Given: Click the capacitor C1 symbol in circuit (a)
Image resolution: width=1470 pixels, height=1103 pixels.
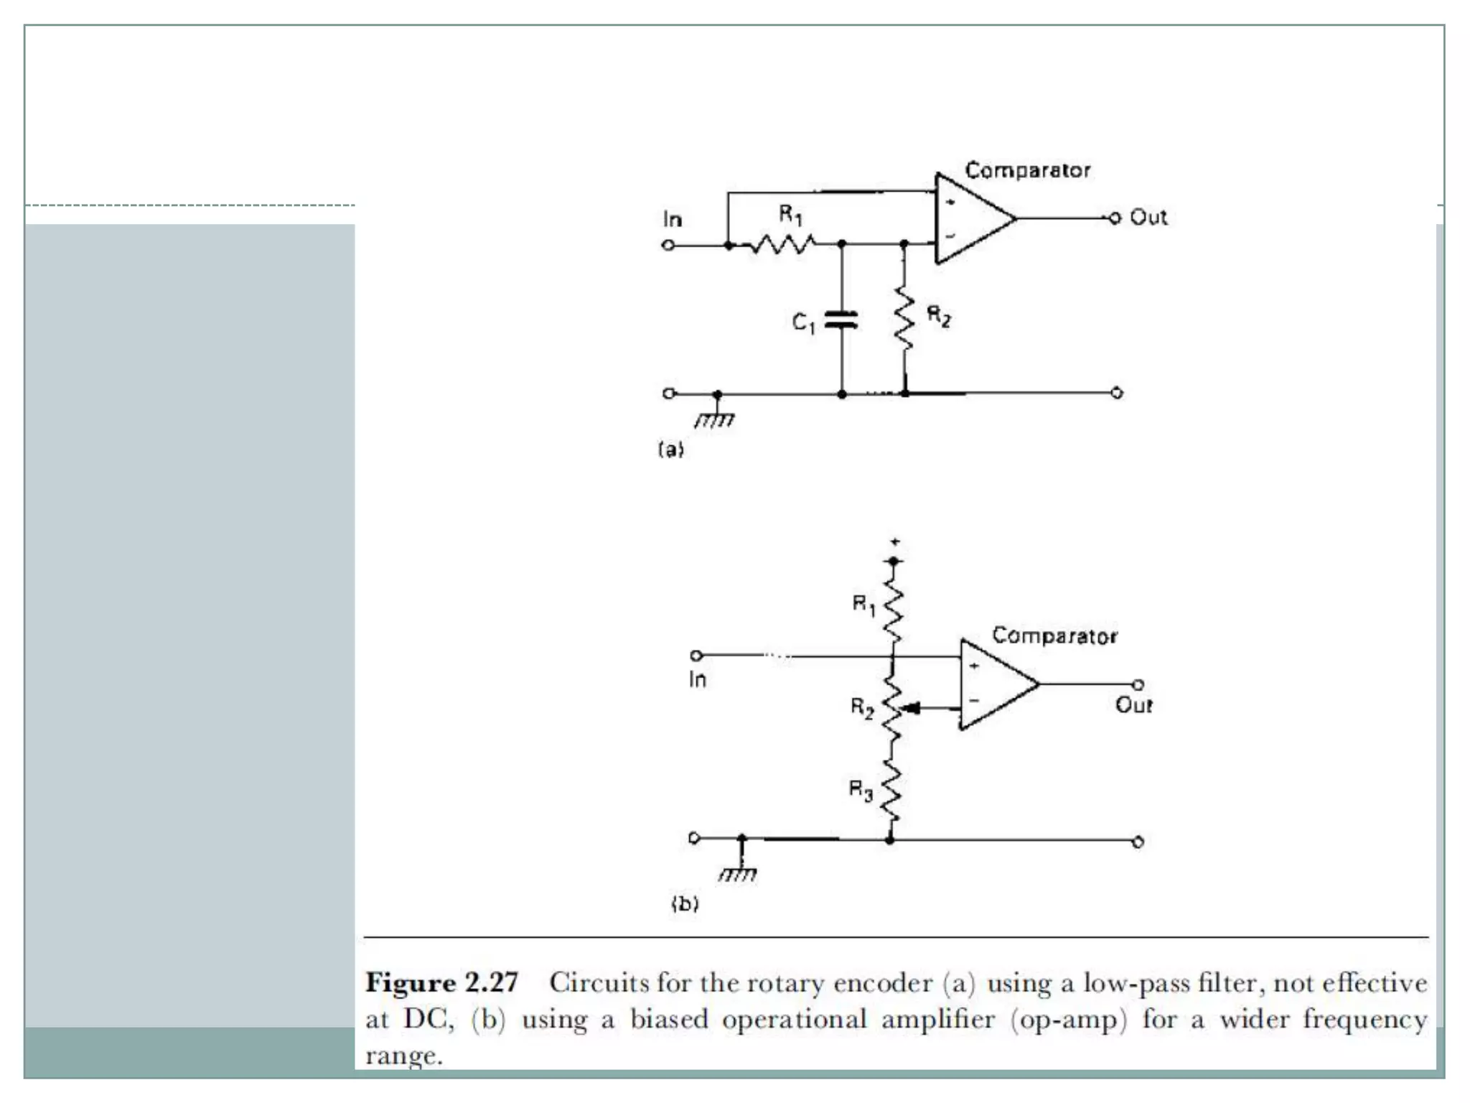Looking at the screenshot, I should [841, 320].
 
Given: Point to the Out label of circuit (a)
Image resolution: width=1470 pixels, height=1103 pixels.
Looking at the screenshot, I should [1148, 218].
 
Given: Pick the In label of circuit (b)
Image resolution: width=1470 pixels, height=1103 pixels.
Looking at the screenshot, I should [697, 679].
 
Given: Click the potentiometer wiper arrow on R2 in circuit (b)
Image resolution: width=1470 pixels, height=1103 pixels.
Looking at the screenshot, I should [910, 709].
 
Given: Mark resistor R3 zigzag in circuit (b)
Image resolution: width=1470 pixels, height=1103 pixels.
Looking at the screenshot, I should [891, 790].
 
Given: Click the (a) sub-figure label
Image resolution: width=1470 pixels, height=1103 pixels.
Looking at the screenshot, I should [671, 450].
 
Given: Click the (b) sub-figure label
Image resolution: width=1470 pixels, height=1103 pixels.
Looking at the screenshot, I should [685, 903].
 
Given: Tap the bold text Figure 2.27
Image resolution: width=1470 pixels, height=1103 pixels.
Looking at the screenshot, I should [441, 982].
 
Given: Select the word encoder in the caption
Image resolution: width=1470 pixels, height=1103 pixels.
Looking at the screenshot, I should [882, 982].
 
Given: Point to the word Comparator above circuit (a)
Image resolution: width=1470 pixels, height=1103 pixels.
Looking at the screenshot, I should [1027, 170].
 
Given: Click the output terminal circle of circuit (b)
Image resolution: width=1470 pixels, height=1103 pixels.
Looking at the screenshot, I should [1138, 684].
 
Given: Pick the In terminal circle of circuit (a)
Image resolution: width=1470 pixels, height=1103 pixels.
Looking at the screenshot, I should [668, 246].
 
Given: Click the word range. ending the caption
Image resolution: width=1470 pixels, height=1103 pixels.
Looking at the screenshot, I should [403, 1056].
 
